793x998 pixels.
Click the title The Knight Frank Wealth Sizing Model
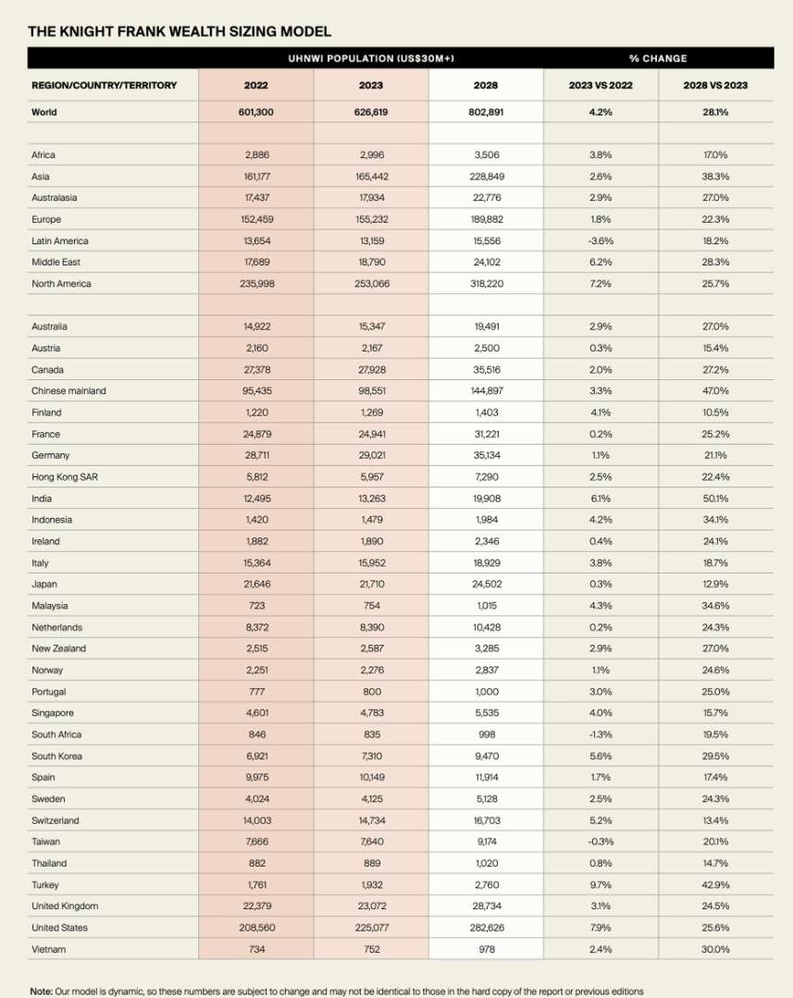[180, 31]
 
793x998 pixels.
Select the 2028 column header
[485, 85]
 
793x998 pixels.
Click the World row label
[43, 112]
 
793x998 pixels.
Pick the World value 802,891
[485, 112]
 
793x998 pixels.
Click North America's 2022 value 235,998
[256, 284]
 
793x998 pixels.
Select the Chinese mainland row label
[68, 391]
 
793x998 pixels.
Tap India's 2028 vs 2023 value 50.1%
[715, 499]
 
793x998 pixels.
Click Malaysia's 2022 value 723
[256, 606]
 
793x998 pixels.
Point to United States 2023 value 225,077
[371, 927]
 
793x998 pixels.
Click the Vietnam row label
[48, 949]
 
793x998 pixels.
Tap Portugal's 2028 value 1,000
[485, 692]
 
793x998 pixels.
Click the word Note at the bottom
[41, 991]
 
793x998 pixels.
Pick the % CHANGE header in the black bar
[658, 58]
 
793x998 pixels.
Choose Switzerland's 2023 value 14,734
[371, 820]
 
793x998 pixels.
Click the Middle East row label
[56, 263]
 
